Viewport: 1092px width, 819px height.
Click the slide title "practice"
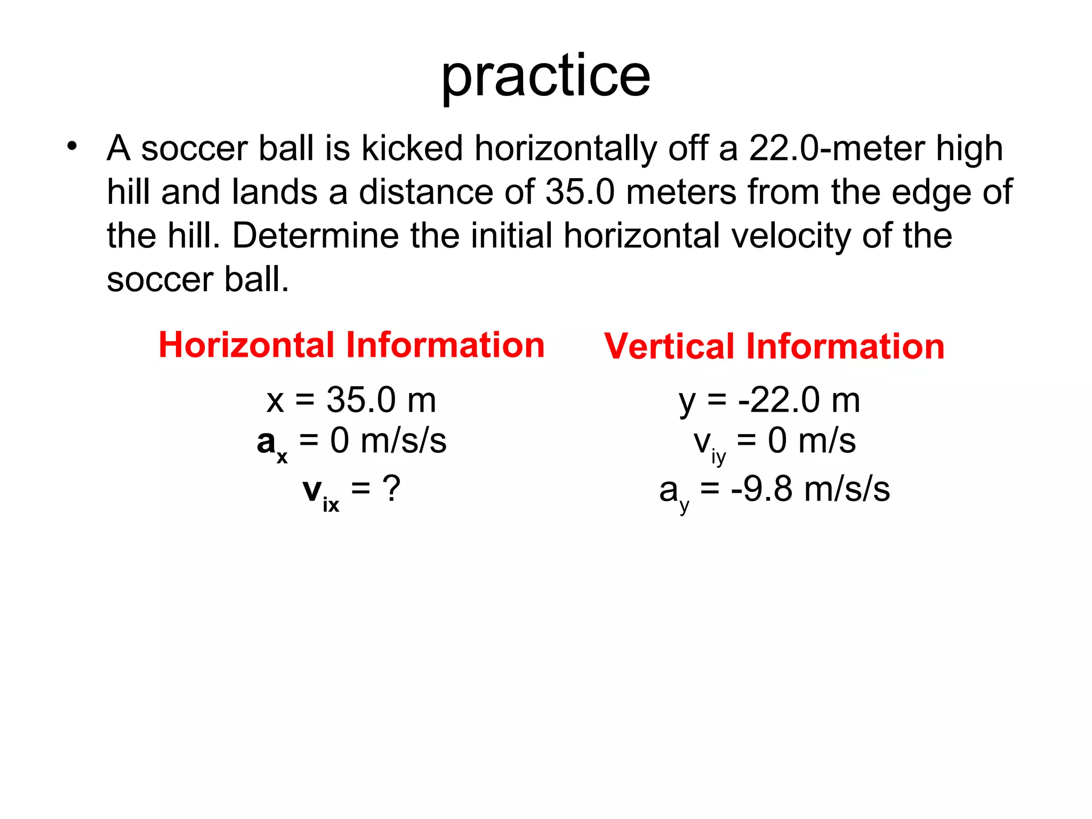pyautogui.click(x=545, y=76)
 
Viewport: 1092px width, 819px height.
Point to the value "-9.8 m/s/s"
pyautogui.click(x=810, y=489)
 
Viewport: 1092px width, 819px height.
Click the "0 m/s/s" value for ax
pyautogui.click(x=388, y=441)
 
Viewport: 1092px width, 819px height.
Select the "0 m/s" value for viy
pyautogui.click(x=812, y=441)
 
